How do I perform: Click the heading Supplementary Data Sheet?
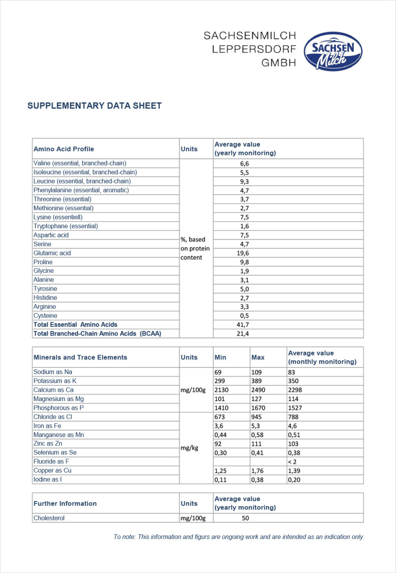(94, 106)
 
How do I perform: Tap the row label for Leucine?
(82, 181)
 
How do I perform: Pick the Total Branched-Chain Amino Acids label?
(97, 333)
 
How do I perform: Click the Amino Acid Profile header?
(64, 149)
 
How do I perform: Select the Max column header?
(258, 357)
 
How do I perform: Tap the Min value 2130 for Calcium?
(221, 390)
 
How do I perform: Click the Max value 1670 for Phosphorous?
(259, 408)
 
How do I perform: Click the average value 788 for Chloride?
(293, 417)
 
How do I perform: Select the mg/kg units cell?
(189, 448)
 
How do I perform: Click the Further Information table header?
(65, 503)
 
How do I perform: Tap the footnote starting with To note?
(239, 537)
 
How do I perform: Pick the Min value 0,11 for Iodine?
(221, 480)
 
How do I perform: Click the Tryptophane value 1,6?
(244, 226)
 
